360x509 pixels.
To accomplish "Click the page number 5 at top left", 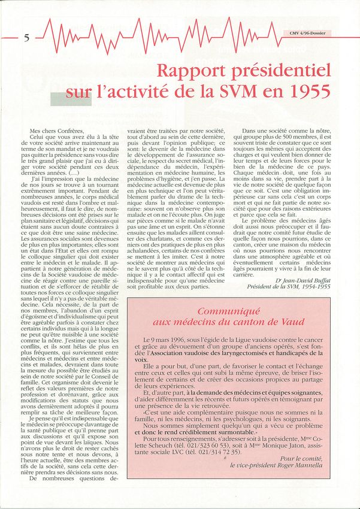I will click(27, 38).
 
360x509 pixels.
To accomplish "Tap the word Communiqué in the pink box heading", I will click(229, 311).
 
